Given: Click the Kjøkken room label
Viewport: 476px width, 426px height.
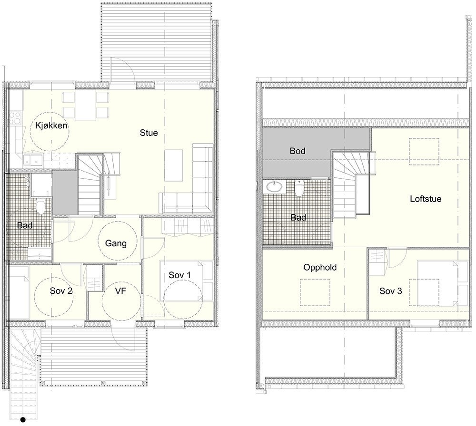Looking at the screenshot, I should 50,126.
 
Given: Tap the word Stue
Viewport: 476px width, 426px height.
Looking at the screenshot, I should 149,133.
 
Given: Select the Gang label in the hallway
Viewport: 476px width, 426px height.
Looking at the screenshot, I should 116,243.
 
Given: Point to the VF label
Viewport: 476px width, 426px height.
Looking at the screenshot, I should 121,291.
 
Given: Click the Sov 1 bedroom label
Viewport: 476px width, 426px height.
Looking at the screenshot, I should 179,275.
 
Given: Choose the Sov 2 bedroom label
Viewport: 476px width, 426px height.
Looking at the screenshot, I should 61,291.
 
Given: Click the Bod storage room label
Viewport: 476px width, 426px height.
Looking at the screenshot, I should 298,151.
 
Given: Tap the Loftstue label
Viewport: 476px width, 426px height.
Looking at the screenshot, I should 426,199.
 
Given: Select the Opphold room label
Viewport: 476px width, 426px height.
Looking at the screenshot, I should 320,268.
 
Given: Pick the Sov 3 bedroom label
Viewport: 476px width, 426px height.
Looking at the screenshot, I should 391,291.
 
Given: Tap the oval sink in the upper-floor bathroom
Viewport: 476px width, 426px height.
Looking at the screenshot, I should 274,187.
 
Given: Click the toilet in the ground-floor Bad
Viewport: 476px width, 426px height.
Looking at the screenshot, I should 41,207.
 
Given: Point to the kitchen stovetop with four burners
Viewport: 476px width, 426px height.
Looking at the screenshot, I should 16,117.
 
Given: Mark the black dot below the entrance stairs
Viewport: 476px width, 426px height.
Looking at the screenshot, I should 22,419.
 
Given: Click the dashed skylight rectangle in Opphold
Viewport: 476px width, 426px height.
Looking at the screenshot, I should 315,292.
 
